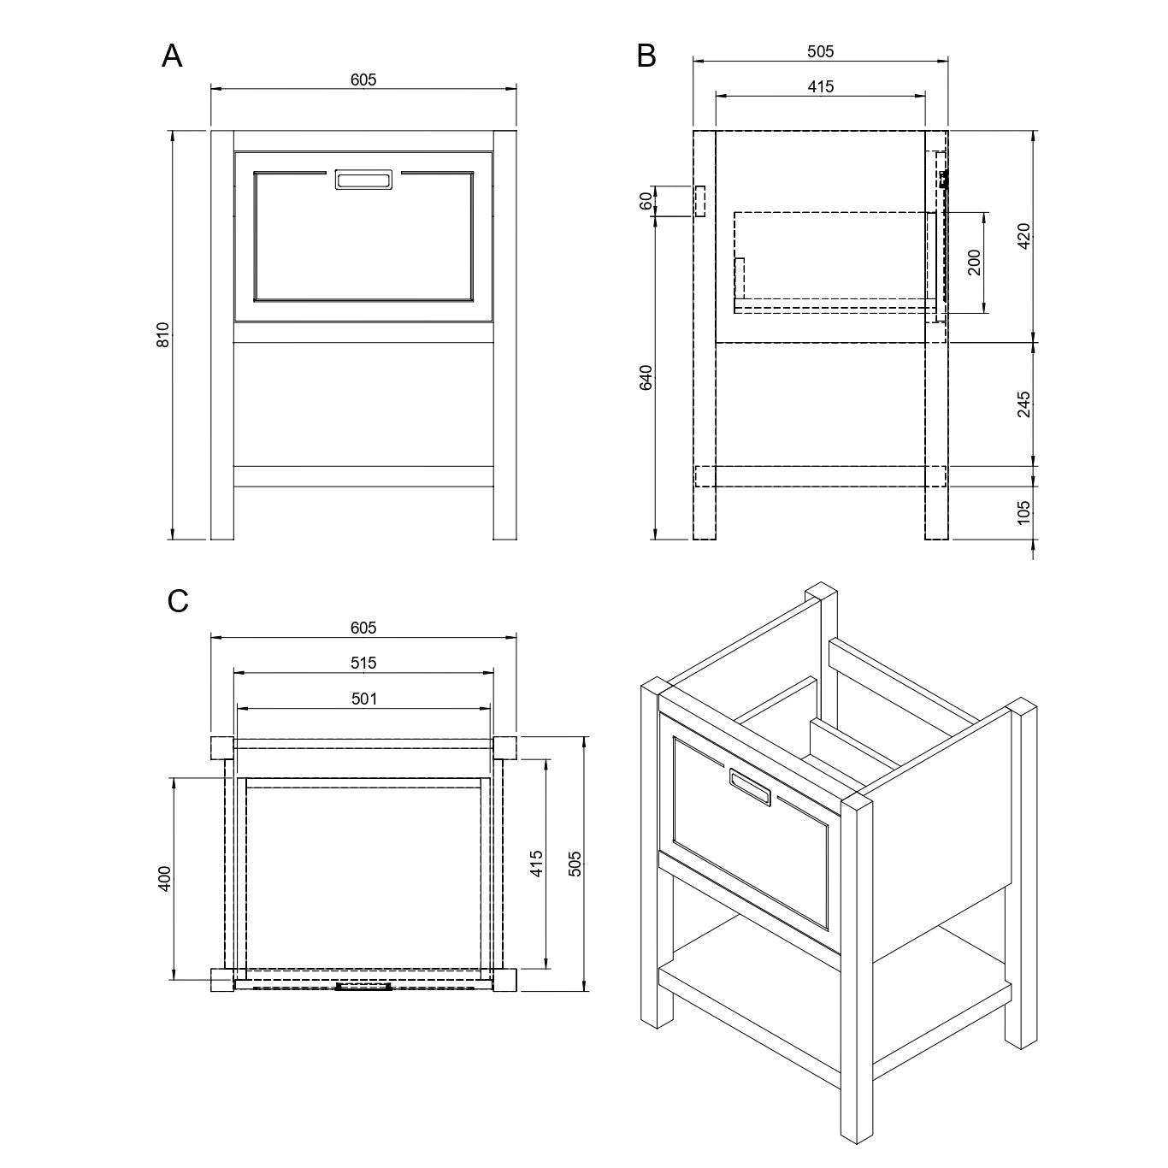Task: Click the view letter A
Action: [172, 56]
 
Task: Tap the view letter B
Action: [646, 56]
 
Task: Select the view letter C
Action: [178, 601]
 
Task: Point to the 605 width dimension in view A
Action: [363, 80]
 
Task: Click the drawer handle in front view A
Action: [363, 180]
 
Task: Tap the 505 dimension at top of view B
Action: [820, 51]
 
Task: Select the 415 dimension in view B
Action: [820, 86]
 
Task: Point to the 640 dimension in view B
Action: [646, 378]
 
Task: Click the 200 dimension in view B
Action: [974, 262]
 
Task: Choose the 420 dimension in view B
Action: [1024, 235]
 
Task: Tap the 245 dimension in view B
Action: [1024, 404]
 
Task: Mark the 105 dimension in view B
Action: [1024, 512]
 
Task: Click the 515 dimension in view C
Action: [363, 663]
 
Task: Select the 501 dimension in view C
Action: [363, 699]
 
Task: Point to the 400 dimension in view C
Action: [165, 878]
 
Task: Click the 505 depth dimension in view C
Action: [575, 863]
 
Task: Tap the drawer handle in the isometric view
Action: [750, 787]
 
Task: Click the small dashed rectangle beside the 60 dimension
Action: [699, 202]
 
